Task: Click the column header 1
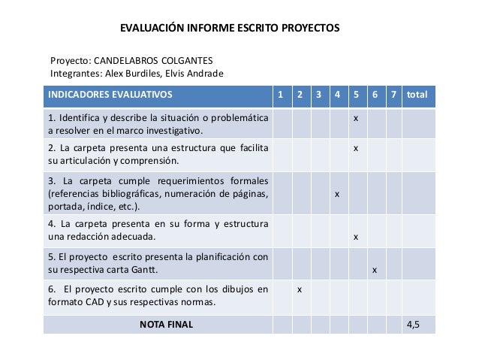point(281,95)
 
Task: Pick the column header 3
point(318,95)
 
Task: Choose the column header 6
point(375,95)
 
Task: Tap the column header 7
point(393,95)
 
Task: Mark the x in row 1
point(356,119)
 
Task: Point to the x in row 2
point(356,147)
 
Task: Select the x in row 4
point(356,237)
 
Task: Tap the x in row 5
point(375,269)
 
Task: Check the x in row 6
point(300,289)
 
